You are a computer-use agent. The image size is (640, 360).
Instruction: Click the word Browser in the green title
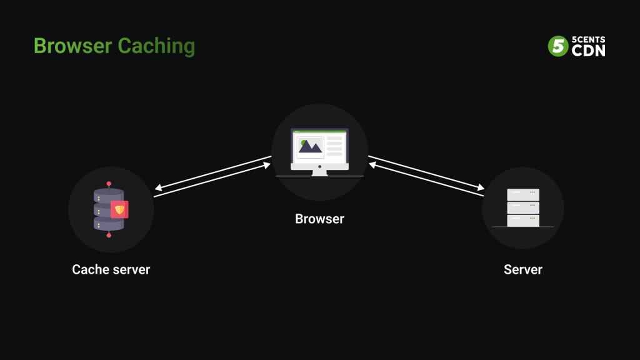(x=72, y=46)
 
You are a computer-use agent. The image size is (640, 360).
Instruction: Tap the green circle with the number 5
(x=557, y=46)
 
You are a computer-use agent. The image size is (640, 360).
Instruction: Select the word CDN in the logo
(x=588, y=51)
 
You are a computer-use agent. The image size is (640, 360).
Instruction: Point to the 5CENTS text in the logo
(x=588, y=39)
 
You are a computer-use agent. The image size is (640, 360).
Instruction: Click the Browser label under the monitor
(x=319, y=219)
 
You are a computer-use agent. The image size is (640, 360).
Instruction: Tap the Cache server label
(x=111, y=269)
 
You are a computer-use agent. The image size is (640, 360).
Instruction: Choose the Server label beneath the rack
(x=523, y=269)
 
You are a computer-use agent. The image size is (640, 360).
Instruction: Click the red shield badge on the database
(x=119, y=209)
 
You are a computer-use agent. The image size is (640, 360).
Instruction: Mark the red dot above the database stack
(x=109, y=183)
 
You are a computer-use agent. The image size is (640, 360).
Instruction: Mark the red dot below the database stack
(x=109, y=235)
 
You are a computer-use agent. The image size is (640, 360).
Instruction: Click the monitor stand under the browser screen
(x=319, y=171)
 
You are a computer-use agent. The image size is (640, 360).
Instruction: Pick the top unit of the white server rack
(x=523, y=194)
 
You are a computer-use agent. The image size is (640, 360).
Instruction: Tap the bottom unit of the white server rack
(x=523, y=220)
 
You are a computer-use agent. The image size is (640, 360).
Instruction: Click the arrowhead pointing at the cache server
(x=157, y=187)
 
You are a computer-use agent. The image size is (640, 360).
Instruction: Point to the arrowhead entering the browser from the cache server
(x=268, y=166)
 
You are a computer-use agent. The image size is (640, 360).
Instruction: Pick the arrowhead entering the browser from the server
(x=371, y=165)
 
